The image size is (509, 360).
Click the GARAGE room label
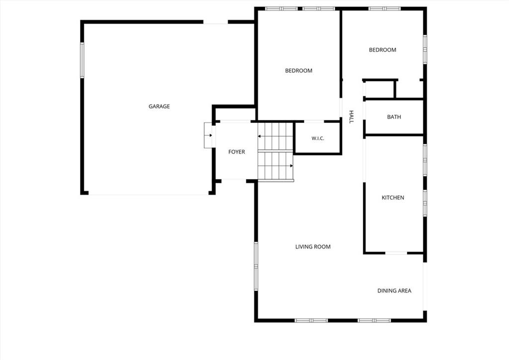pos(159,106)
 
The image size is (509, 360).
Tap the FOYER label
pos(237,152)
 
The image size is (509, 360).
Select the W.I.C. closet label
pos(318,138)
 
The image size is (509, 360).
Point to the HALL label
pos(351,117)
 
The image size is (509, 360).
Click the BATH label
pos(394,117)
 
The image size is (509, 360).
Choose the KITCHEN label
pos(393,197)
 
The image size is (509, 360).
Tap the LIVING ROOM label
pos(313,247)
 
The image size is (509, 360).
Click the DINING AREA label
pos(394,290)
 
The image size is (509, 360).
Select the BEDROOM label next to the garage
pos(299,71)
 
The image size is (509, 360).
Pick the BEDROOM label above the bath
pos(382,50)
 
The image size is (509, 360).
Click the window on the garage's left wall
pos(82,60)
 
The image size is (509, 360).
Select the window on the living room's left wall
pos(256,266)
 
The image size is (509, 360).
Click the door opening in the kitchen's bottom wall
pos(396,253)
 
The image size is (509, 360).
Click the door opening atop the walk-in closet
pos(314,121)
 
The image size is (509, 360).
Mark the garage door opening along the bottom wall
pos(148,194)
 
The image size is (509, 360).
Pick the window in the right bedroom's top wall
pos(385,8)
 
